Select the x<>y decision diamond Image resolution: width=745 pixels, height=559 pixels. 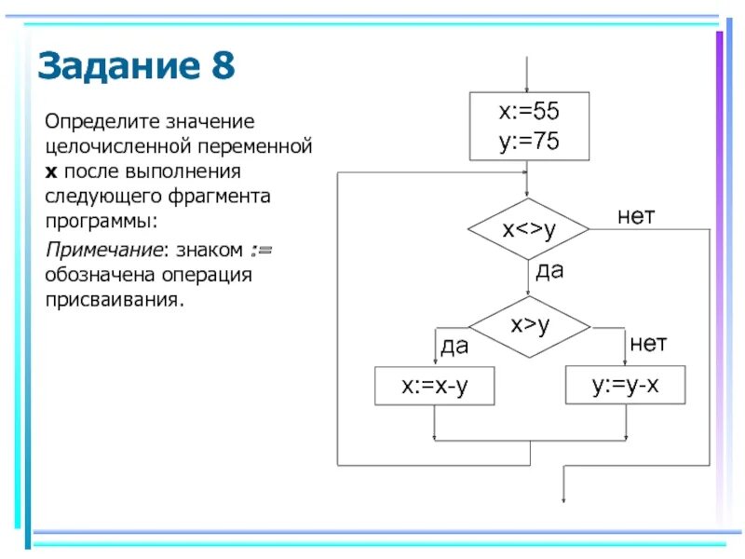(528, 229)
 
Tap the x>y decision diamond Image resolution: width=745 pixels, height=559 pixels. (528, 326)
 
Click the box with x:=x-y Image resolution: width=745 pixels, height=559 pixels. (434, 387)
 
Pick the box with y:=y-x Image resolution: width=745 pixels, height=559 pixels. (625, 385)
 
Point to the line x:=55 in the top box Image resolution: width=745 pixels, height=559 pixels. (528, 112)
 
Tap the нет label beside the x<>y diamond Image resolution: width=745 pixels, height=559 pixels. (636, 216)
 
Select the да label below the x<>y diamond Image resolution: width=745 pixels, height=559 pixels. (549, 271)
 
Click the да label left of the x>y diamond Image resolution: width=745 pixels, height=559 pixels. (454, 347)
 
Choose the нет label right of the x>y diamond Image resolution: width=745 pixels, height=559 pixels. (648, 344)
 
